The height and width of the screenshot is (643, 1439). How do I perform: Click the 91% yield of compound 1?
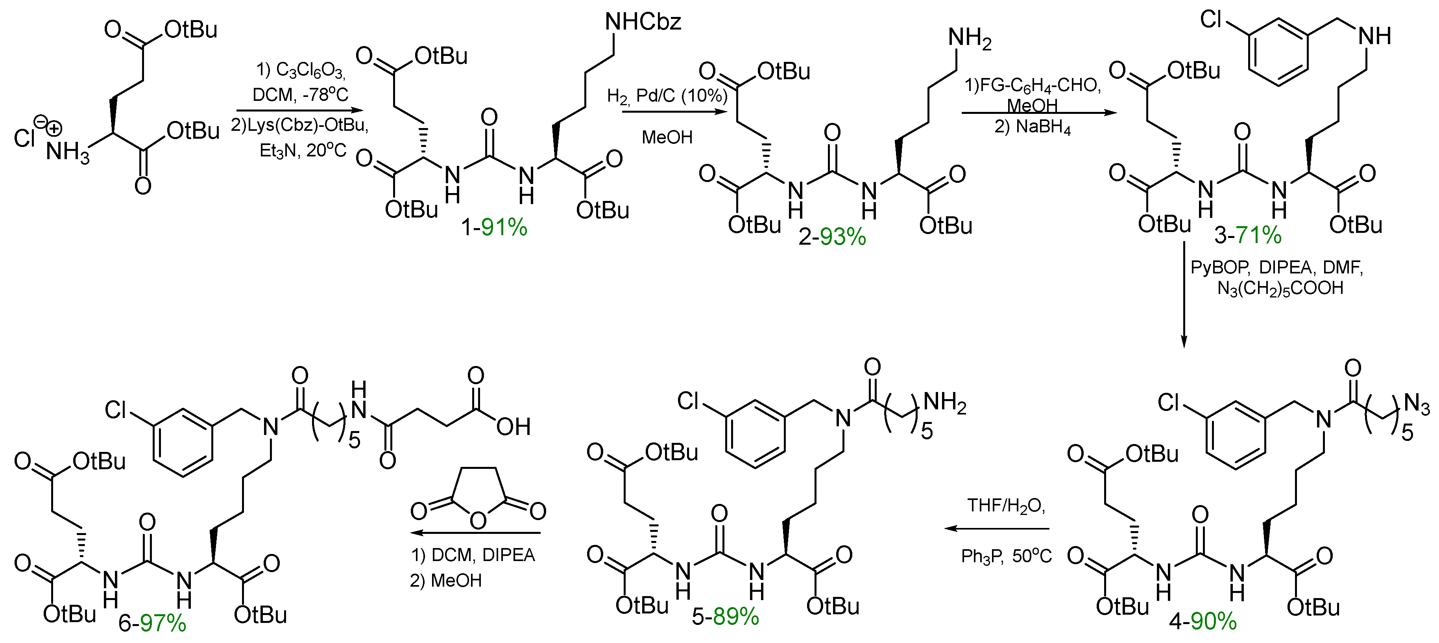tap(504, 228)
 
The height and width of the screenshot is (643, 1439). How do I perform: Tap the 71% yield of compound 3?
tap(1258, 235)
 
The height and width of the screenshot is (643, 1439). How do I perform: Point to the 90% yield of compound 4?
tap(1213, 621)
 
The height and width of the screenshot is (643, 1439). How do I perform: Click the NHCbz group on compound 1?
tap(643, 22)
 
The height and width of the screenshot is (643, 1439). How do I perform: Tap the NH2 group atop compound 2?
tap(970, 39)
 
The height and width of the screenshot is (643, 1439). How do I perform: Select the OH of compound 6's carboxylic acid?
tap(513, 427)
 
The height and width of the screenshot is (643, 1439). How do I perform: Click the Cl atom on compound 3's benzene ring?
tap(1212, 21)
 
